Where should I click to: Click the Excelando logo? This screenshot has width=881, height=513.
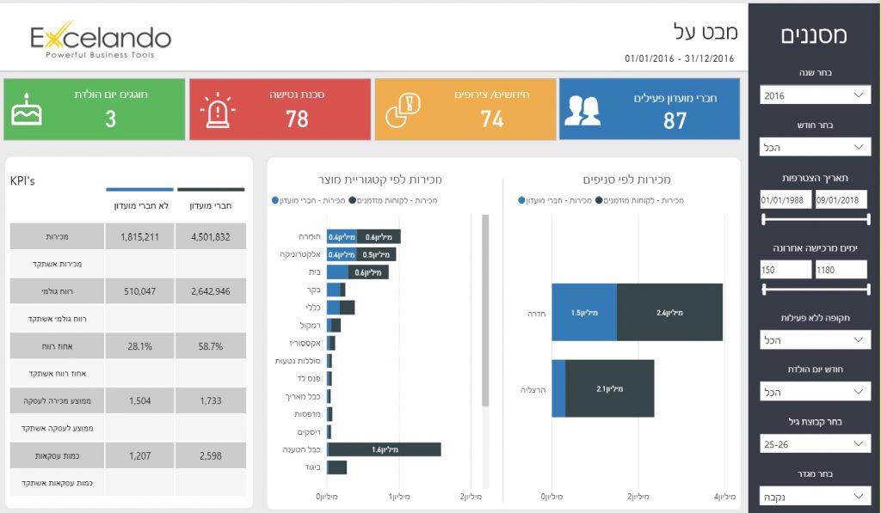[x=101, y=40]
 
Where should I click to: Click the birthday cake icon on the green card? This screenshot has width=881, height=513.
[x=28, y=109]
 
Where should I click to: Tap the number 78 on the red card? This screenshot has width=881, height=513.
[x=297, y=119]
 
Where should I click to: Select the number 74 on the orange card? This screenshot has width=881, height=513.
[x=492, y=119]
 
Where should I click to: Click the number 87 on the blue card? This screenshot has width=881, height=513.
[x=675, y=120]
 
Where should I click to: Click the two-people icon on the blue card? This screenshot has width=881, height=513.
[x=582, y=110]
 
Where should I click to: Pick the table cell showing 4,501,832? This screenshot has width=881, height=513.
[x=211, y=236]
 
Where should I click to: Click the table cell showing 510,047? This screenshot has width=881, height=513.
[x=140, y=291]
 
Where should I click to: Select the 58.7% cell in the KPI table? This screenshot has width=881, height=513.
[x=211, y=346]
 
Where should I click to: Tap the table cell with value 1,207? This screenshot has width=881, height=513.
[x=140, y=455]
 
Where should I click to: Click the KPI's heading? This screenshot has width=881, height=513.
[x=22, y=181]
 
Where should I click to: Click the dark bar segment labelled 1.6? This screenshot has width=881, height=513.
[x=385, y=449]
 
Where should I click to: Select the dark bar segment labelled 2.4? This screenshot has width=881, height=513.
[x=669, y=312]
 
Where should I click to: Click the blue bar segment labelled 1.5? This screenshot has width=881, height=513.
[x=584, y=312]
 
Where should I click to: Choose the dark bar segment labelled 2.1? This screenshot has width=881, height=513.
[x=610, y=388]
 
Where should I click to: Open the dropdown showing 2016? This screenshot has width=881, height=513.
[x=814, y=95]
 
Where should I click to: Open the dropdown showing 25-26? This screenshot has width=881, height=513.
[x=814, y=444]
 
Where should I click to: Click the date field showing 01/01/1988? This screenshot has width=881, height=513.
[x=786, y=200]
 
